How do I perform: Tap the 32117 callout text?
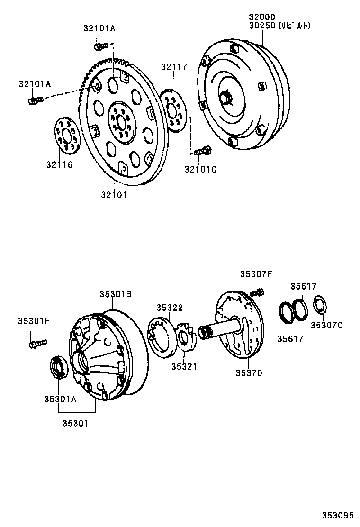(x=173, y=67)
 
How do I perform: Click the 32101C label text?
(x=200, y=169)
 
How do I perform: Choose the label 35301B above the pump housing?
(x=115, y=294)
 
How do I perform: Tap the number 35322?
(x=170, y=308)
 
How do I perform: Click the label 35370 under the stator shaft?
(x=249, y=373)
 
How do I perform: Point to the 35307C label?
(x=326, y=325)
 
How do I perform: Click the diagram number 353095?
(x=338, y=515)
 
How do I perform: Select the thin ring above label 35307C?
(x=319, y=305)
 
